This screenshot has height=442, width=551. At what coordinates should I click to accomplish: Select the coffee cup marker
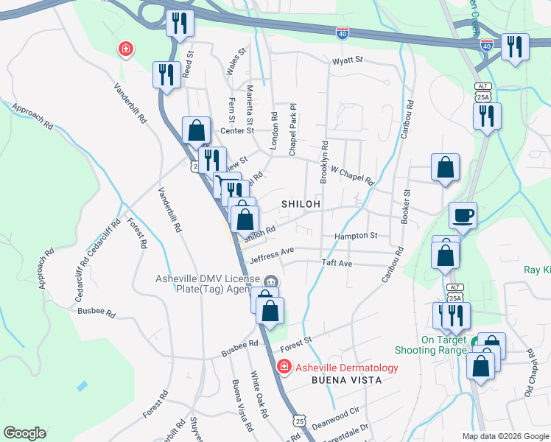tap(463, 215)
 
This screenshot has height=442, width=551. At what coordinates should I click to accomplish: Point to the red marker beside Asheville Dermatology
tap(283, 366)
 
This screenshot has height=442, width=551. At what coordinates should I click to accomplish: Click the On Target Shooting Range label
tap(443, 345)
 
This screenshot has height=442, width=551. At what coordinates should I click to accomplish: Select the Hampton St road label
tap(355, 236)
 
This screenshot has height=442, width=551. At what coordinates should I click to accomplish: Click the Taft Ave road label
tap(337, 263)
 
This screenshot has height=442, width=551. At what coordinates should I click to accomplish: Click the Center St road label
tap(236, 130)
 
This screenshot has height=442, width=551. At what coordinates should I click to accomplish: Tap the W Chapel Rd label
tap(352, 175)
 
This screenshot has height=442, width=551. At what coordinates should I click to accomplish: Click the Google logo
tap(24, 433)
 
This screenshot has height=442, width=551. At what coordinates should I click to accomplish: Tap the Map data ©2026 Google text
tap(505, 436)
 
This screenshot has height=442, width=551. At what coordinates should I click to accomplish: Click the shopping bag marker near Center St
tap(196, 130)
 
